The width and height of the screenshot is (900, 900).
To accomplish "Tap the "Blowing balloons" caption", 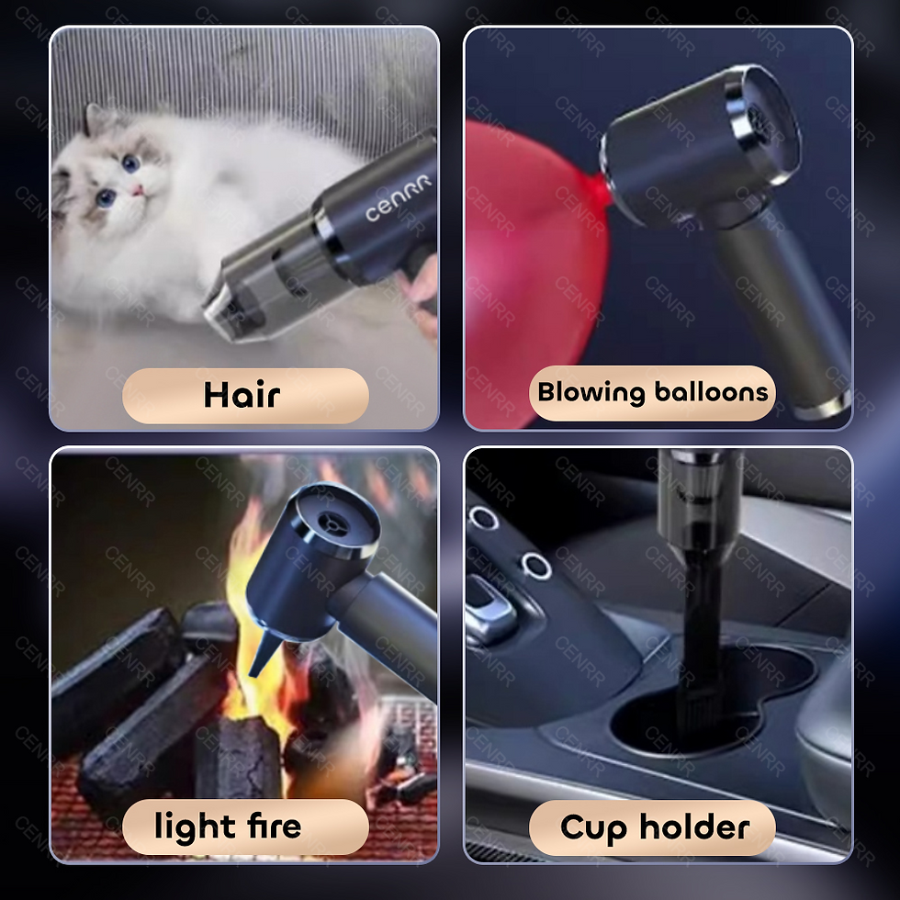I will click(x=652, y=393).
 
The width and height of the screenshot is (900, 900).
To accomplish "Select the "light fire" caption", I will click(x=228, y=827).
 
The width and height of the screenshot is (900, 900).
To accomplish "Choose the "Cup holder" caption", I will click(x=654, y=827).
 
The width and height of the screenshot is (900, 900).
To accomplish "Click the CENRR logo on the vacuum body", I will click(x=399, y=201).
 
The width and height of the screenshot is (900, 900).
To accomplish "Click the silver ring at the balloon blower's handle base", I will click(x=823, y=404).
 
